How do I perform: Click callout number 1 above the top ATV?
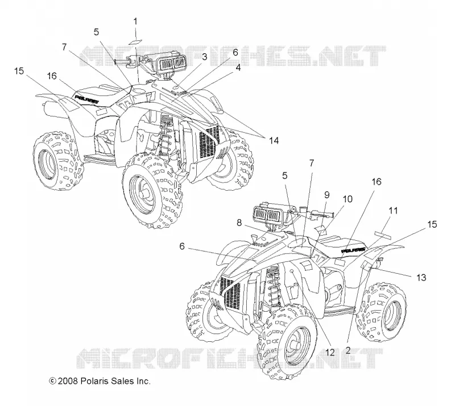(135, 22)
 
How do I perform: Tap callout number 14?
(274, 141)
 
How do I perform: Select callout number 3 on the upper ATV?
(205, 57)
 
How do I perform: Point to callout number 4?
(238, 68)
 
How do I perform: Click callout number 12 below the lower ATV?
(330, 352)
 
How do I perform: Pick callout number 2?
(348, 350)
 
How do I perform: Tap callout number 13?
(421, 278)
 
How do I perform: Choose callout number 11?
(393, 211)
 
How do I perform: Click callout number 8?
(239, 223)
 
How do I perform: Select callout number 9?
(327, 195)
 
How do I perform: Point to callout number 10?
(348, 199)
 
